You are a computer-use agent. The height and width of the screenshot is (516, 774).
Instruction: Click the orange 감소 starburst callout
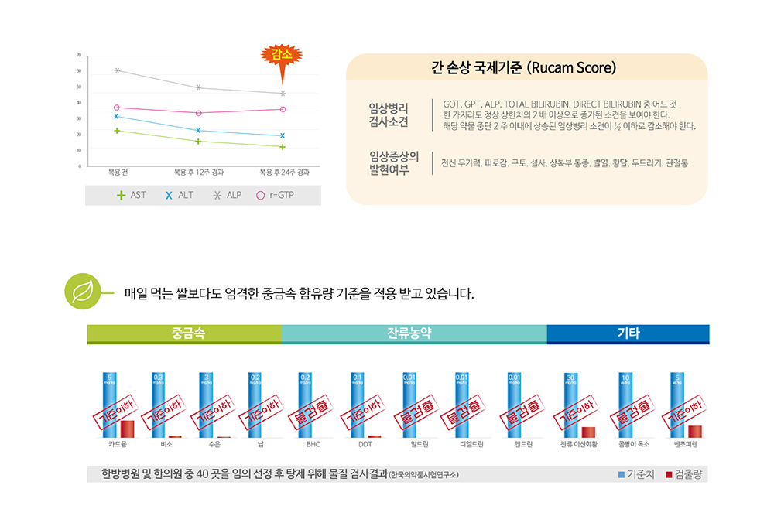click(x=281, y=55)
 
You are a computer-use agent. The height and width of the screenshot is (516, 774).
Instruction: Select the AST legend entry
click(x=132, y=195)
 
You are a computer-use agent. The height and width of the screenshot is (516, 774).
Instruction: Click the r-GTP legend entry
click(x=276, y=195)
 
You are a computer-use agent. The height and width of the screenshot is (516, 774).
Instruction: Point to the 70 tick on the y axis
click(x=79, y=56)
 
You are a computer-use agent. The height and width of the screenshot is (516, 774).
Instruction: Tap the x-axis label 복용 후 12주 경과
click(x=199, y=172)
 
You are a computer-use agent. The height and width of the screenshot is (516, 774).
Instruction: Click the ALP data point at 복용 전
click(x=117, y=70)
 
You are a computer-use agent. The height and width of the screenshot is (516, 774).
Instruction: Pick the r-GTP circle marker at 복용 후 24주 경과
click(x=283, y=109)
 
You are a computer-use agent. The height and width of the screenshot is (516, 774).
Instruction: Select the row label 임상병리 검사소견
click(x=389, y=115)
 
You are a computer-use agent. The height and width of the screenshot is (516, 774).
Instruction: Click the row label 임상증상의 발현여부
click(x=394, y=162)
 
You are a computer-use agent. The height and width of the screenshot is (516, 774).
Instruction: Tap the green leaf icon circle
click(x=80, y=292)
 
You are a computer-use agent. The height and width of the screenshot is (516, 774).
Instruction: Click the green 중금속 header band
click(x=184, y=334)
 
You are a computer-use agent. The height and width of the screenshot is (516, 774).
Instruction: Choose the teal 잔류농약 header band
click(x=413, y=334)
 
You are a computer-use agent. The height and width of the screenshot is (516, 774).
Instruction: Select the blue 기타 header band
click(x=628, y=334)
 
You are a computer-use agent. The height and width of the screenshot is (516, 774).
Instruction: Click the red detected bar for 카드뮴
click(x=127, y=429)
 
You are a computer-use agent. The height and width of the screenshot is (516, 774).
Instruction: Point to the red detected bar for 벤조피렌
click(x=694, y=431)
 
